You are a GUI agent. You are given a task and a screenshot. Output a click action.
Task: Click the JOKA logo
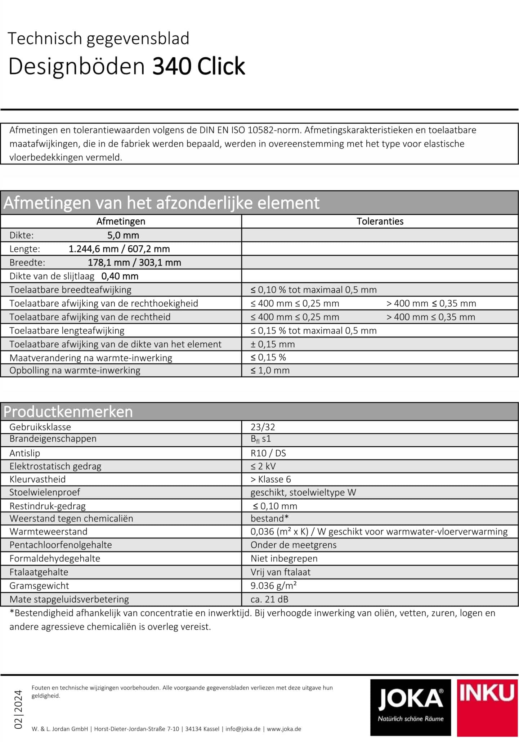point(410,707)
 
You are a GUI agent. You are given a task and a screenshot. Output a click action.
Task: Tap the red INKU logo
point(487,707)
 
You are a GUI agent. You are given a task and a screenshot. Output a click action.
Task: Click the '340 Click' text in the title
point(198,66)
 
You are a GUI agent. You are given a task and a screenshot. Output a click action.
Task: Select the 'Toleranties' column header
point(380,221)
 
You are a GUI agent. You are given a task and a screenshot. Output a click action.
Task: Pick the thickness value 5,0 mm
point(123,235)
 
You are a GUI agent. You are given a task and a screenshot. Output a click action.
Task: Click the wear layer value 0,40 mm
point(120,276)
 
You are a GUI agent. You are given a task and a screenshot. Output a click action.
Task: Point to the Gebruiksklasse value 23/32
point(263,427)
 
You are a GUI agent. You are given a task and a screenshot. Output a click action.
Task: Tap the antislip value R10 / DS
point(268,453)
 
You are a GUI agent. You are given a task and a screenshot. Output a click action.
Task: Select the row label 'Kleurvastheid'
point(37,479)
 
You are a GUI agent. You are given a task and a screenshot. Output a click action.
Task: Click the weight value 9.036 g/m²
point(273,585)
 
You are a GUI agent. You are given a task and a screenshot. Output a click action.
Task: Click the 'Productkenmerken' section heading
point(68,411)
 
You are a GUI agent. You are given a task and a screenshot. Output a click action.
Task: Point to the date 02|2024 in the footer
point(18,709)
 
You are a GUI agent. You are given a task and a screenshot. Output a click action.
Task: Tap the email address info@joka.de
point(243,729)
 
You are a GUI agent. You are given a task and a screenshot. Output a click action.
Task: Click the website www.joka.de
point(284,729)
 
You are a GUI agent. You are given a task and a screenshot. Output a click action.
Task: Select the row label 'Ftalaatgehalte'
point(39,572)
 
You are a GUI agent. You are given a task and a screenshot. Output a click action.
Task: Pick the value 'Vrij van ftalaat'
point(280,572)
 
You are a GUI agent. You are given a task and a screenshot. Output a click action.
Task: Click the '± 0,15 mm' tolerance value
point(273,344)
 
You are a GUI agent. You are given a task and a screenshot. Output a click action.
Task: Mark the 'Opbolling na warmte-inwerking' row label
point(75,370)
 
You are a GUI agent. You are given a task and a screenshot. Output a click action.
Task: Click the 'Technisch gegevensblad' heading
point(98,39)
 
